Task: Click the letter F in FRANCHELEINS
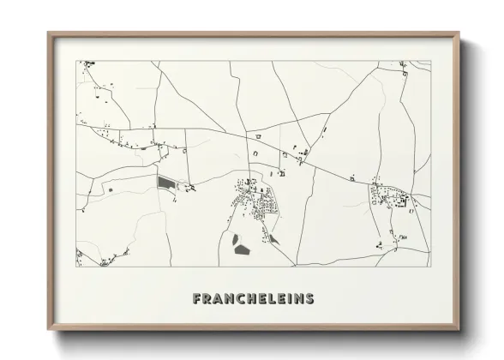pos(198,299)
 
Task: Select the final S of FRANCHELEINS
pos(309,299)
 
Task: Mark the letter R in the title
pos(208,299)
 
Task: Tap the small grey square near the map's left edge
pos(109,187)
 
